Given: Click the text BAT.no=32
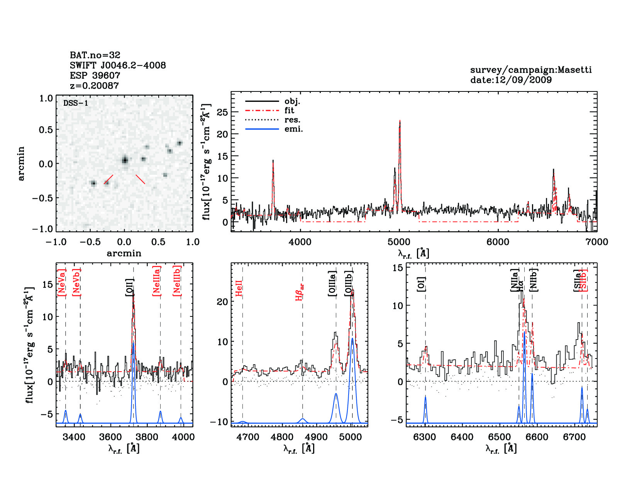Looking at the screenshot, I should [x=95, y=55].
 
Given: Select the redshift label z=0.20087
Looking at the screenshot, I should [x=94, y=85].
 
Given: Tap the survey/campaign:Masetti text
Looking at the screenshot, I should [x=531, y=70].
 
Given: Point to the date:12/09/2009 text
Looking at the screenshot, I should [x=511, y=80].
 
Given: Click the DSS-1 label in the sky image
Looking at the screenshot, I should [x=76, y=103].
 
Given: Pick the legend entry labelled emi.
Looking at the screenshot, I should [x=294, y=129].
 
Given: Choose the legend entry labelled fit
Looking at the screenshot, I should [x=289, y=111].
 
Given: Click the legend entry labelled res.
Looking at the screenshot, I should [x=292, y=120].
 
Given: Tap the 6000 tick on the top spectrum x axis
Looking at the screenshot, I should [x=498, y=242].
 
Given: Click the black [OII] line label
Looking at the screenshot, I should [x=130, y=287].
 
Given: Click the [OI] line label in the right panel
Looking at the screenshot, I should [x=421, y=284].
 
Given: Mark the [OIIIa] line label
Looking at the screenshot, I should [x=332, y=283].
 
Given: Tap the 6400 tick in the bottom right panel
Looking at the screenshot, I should [x=462, y=437].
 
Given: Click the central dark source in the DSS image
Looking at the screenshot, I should [x=125, y=160].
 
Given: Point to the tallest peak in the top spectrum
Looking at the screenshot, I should [x=400, y=121].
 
